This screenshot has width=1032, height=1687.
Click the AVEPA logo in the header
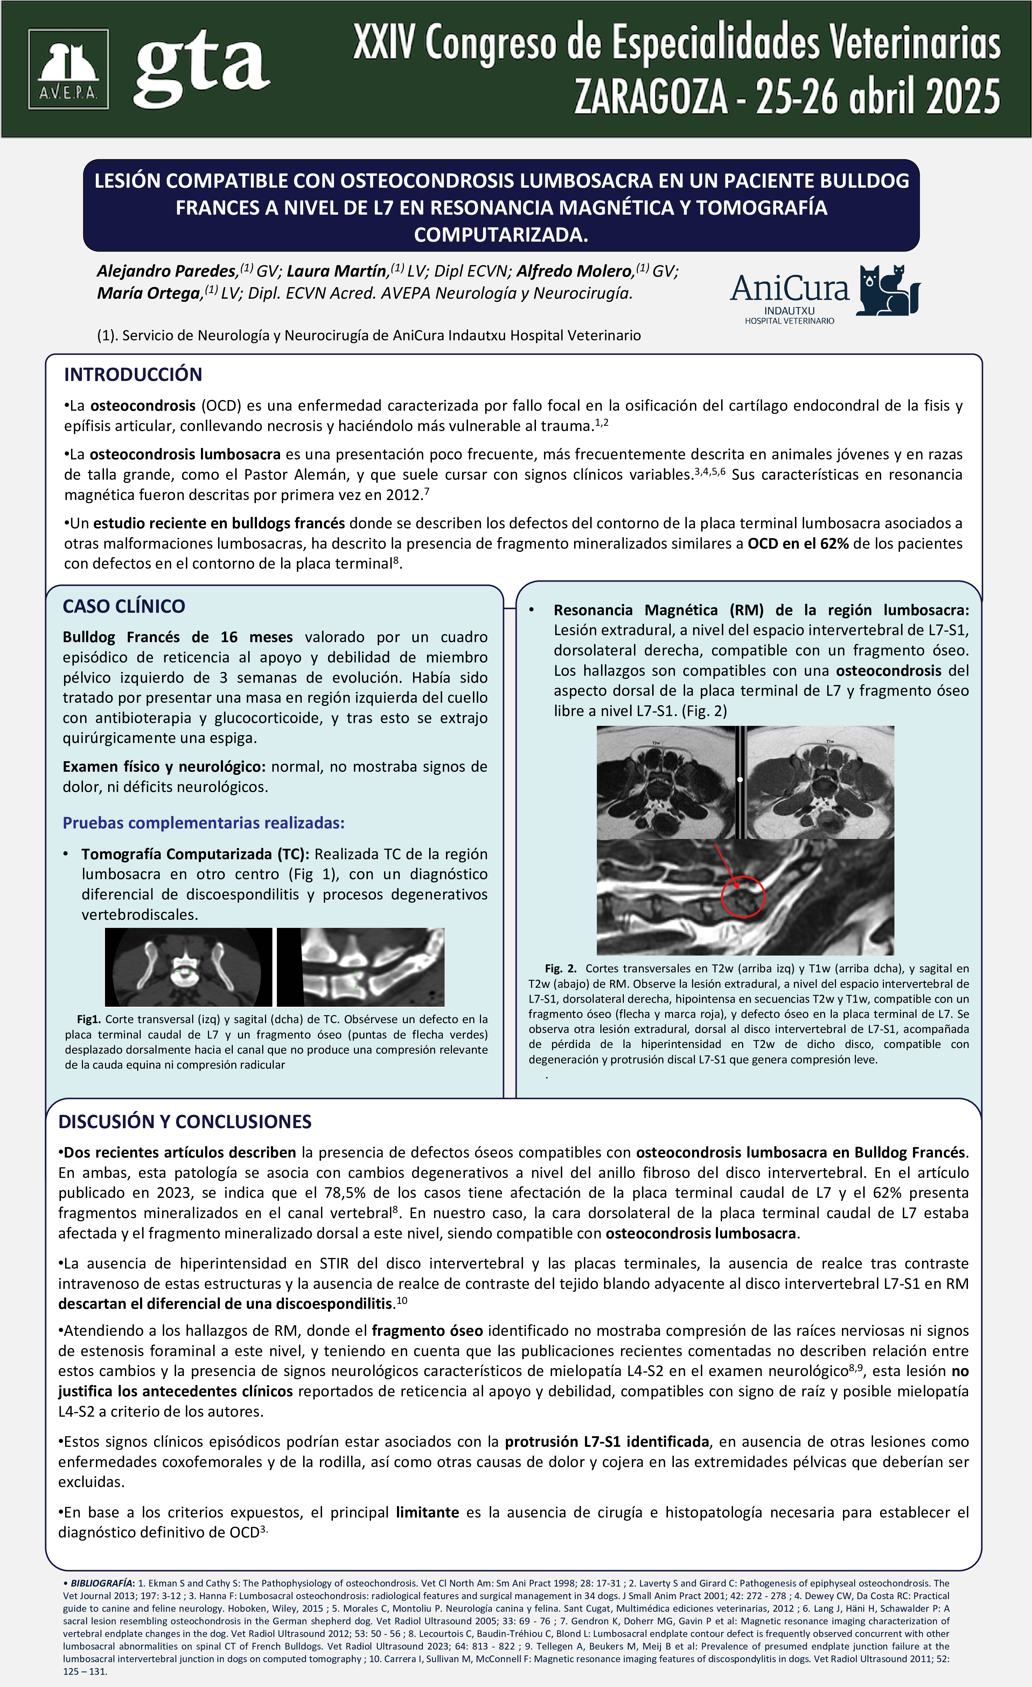coord(68,69)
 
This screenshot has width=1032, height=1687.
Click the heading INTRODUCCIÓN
coord(133,375)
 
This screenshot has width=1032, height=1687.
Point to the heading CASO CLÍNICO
coord(124,606)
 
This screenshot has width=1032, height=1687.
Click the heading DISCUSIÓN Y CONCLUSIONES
coord(185,1122)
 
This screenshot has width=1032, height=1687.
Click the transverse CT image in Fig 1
coord(188,967)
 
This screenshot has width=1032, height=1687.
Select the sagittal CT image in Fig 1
coord(361,967)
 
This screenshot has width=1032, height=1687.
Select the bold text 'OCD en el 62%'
coord(797,544)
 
